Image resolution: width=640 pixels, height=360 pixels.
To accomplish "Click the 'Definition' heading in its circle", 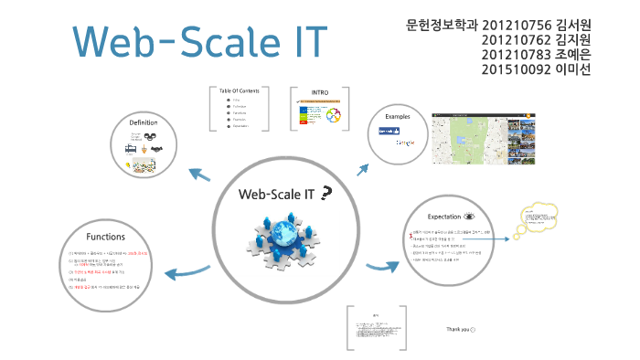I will click(x=144, y=123).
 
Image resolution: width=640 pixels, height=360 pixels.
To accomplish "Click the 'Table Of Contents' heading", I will click(x=240, y=90).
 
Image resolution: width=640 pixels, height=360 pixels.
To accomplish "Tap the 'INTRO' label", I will click(x=320, y=92).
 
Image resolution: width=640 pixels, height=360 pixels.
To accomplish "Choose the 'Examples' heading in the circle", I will click(x=398, y=118).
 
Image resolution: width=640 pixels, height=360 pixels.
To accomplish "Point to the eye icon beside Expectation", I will click(x=469, y=217).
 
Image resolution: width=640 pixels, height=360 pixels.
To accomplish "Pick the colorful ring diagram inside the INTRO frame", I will click(x=334, y=117).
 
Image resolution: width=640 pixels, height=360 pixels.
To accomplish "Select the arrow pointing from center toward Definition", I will click(x=199, y=174).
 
